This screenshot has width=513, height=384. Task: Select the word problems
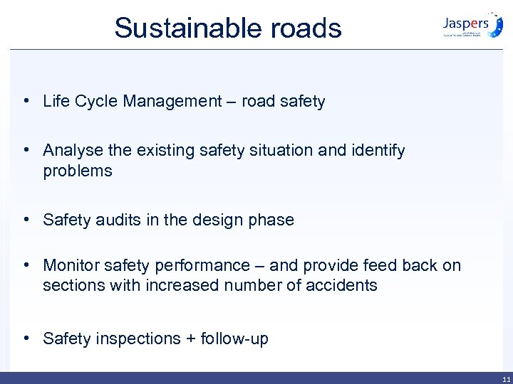coord(78,171)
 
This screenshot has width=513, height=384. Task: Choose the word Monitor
coord(71,266)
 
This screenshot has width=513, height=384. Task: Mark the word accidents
coord(341,286)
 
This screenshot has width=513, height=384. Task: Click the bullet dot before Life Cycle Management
coord(26,101)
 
